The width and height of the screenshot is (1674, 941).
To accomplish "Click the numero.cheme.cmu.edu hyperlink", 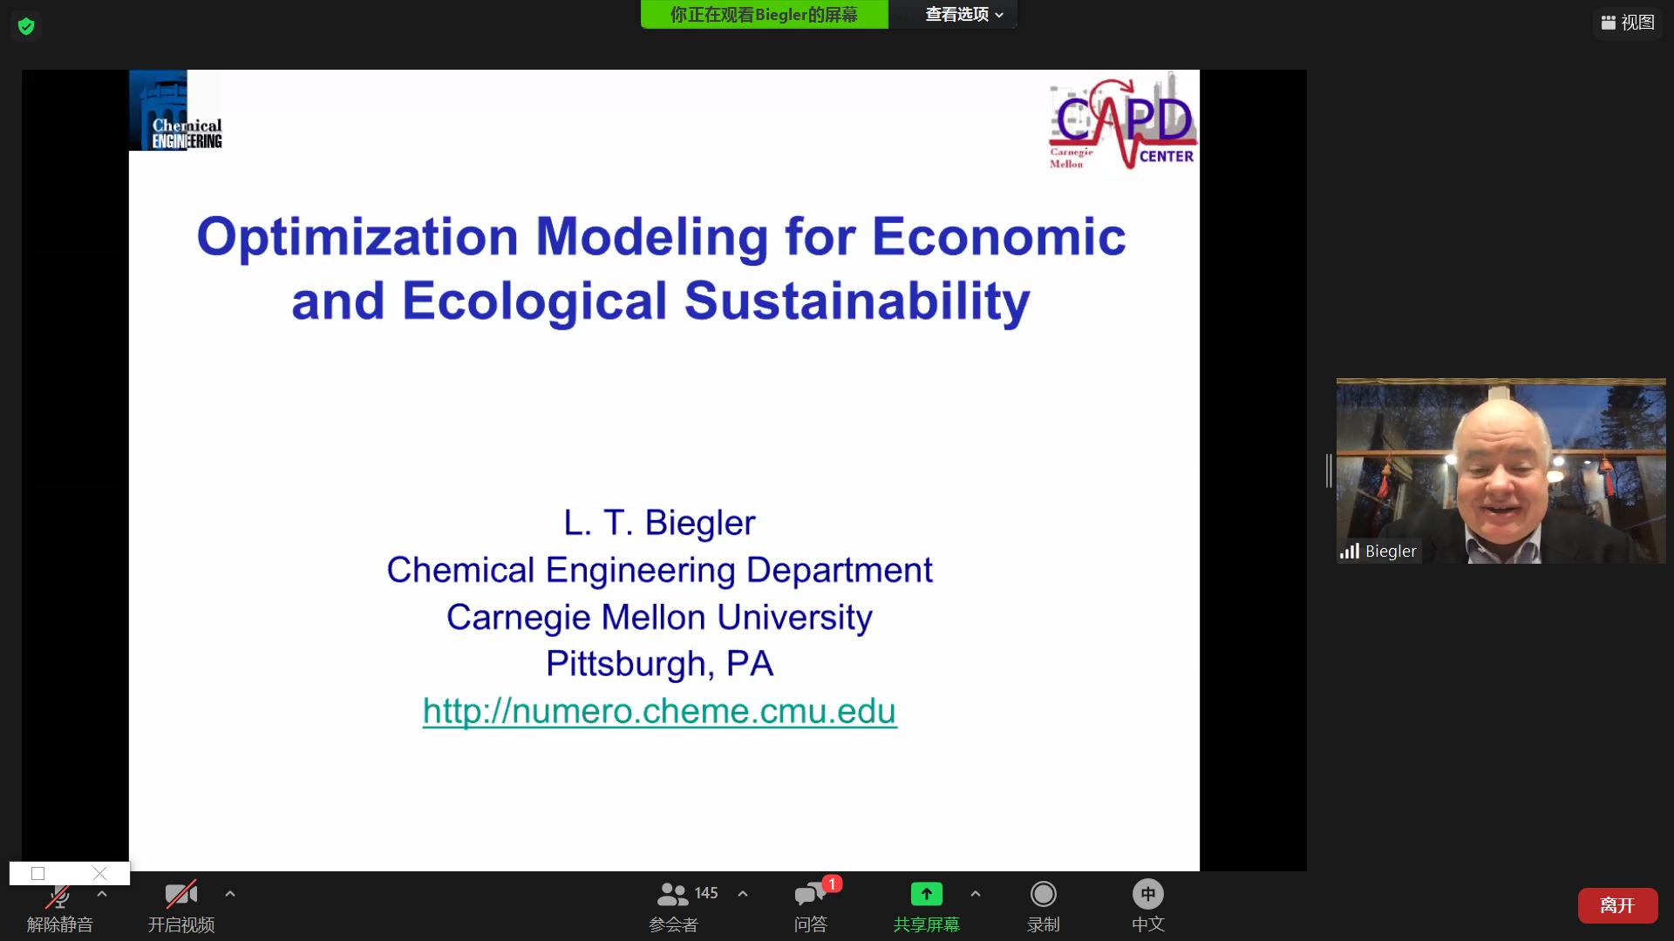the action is pos(660,711).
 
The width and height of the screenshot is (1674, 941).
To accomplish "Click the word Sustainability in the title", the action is pos(857,301).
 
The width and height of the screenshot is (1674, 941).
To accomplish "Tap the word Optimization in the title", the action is pos(357,237).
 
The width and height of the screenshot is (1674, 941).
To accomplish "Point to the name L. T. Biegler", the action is pos(659,523).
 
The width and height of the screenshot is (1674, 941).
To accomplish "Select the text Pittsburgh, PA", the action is pos(659,664).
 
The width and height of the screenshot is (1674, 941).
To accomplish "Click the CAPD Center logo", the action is pos(1123,121).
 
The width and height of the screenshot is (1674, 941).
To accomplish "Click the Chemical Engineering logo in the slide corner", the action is pos(175,111).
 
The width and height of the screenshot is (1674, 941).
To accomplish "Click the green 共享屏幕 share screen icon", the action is pos(926,894).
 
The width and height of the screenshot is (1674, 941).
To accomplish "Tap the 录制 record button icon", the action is pos(1043,894).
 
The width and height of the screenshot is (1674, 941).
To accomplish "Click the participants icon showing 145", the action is pos(672,894).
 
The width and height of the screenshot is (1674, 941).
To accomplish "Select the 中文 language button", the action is pos(1148,894).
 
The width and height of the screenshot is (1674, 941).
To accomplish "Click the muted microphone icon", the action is pos(59,895).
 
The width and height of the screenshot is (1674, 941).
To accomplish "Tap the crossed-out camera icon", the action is pos(181,894).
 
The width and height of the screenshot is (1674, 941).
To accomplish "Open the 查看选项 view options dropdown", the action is pos(963,15).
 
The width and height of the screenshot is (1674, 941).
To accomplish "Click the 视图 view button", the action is pos(1628,23).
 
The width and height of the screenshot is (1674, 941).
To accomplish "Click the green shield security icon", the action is pos(26,26).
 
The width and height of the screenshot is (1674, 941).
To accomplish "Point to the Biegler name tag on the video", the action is pos(1379,551).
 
